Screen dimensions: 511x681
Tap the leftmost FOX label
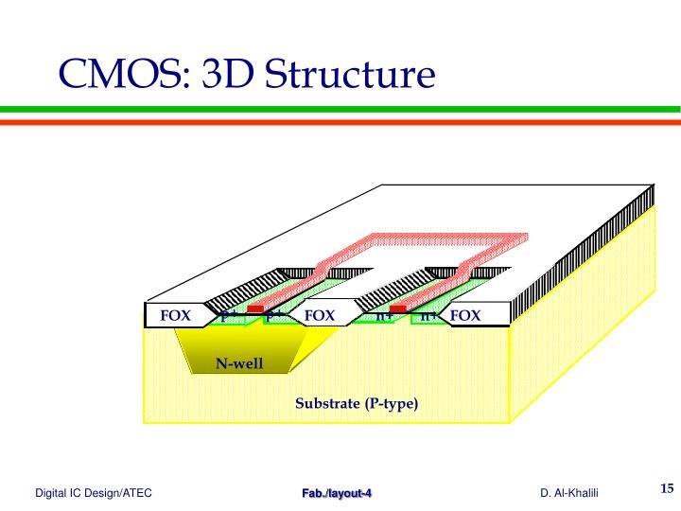(x=175, y=315)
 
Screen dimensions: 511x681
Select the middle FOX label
(x=320, y=315)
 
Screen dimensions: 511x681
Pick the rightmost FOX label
(x=465, y=315)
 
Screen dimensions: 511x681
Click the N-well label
(x=238, y=363)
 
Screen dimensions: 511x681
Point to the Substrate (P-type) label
(x=356, y=404)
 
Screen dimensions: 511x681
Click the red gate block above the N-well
(x=254, y=308)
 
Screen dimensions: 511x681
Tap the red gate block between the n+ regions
(x=398, y=308)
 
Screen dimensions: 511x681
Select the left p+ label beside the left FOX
(x=228, y=316)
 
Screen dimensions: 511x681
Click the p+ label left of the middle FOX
(x=273, y=316)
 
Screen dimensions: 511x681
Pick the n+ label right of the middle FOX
(x=383, y=316)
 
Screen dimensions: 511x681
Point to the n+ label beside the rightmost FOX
(x=428, y=316)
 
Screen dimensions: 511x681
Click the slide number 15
(x=666, y=489)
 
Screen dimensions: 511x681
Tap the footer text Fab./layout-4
(x=337, y=493)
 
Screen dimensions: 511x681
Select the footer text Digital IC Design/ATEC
(x=94, y=493)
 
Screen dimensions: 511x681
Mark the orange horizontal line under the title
(x=340, y=121)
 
